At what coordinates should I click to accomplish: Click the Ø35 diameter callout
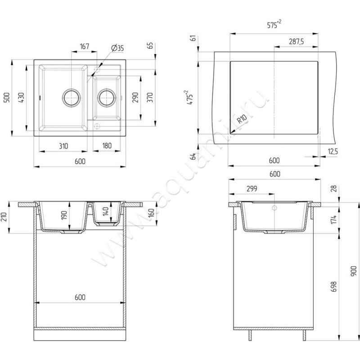pos(117,48)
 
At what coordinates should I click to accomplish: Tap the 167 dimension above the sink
pos(85,46)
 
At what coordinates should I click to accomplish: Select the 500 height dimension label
pos(7,98)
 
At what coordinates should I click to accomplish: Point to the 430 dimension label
pos(21,98)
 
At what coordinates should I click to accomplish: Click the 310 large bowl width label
pos(63,146)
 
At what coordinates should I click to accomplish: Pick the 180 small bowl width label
pos(107,145)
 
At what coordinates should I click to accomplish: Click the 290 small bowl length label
pos(135,97)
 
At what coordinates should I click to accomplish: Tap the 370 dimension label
pos(150,97)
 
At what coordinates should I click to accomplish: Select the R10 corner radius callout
pos(242,119)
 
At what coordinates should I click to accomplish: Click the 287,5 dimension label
pos(297,41)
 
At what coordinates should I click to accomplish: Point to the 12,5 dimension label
pos(333,152)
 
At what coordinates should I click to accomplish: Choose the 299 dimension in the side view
pos(252,189)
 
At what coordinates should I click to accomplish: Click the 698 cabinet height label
pos(333,287)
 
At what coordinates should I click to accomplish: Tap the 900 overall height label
pos(354,271)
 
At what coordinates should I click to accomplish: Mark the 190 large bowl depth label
pos(64,215)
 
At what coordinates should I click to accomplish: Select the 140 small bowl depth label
pos(106,211)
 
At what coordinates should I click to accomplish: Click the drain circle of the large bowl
pos(72,97)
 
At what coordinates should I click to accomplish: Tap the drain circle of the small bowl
pos(107,97)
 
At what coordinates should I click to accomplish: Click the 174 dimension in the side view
pos(333,220)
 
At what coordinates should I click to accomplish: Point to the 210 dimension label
pos(4,217)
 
